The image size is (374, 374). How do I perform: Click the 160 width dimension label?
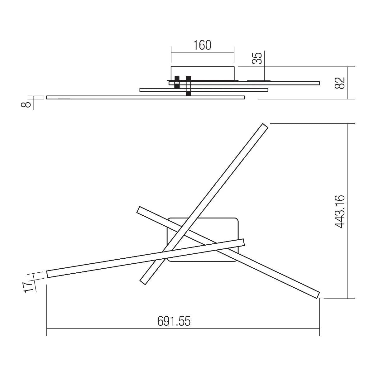(x=202, y=46)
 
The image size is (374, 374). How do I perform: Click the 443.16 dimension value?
(x=340, y=212)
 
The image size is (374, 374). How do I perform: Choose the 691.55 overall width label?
(x=174, y=321)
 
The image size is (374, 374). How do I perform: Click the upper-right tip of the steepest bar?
(x=264, y=127)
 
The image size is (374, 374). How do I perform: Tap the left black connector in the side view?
(x=177, y=82)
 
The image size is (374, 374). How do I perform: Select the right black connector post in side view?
(x=188, y=86)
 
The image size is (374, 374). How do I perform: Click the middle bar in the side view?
(x=218, y=90)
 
